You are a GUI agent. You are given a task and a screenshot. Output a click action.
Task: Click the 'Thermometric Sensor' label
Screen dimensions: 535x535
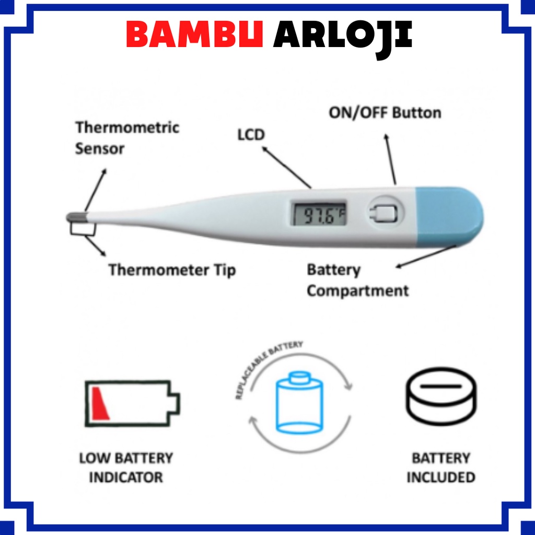(x=127, y=138)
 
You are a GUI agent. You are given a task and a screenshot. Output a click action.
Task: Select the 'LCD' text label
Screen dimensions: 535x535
(x=251, y=134)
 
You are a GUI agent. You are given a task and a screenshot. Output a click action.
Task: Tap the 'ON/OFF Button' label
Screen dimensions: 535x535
(x=385, y=112)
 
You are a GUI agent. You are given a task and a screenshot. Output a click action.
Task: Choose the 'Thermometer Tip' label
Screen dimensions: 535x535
(x=172, y=270)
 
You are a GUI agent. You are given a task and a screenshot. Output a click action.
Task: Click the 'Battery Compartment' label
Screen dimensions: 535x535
(x=357, y=281)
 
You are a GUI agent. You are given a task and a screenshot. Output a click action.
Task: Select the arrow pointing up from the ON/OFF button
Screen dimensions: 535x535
(x=390, y=159)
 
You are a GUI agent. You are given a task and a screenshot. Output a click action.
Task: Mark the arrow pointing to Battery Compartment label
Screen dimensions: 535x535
(x=426, y=255)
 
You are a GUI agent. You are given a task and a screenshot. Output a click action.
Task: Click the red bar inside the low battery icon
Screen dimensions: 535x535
(x=100, y=403)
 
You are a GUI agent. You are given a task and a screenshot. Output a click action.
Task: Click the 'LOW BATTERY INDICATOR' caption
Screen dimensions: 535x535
(x=126, y=468)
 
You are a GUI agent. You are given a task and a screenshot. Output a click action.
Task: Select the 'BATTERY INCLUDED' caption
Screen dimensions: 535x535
(x=441, y=468)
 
